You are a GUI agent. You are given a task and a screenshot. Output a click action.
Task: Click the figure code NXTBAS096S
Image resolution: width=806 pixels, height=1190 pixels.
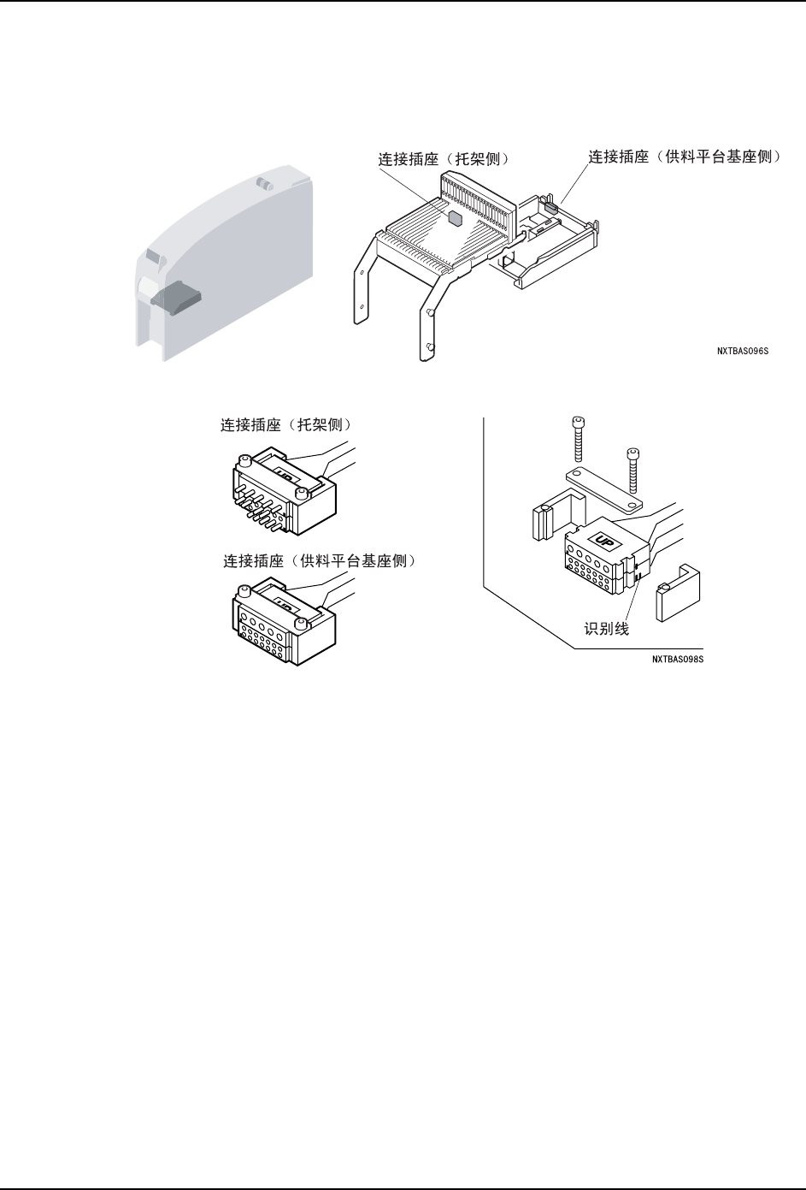click(x=742, y=350)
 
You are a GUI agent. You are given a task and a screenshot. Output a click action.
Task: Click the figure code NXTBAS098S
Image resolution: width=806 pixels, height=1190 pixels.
click(x=681, y=660)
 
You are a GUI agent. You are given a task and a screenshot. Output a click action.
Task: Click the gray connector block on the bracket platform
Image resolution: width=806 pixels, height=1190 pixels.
click(x=455, y=216)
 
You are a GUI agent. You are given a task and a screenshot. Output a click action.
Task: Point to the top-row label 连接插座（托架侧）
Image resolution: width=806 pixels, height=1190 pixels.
click(x=444, y=159)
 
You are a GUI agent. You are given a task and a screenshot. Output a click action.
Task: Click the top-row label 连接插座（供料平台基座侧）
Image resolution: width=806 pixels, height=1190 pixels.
click(x=685, y=157)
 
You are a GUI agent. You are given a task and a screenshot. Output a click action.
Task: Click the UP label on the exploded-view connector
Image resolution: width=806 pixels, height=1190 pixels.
click(x=600, y=541)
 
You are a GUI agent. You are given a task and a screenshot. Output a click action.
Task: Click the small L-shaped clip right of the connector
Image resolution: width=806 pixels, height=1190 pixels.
click(x=679, y=590)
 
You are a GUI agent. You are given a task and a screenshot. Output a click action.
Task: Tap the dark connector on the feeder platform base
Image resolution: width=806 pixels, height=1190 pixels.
click(x=551, y=205)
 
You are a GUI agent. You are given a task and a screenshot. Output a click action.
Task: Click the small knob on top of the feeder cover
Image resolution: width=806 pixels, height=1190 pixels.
click(x=265, y=184)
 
